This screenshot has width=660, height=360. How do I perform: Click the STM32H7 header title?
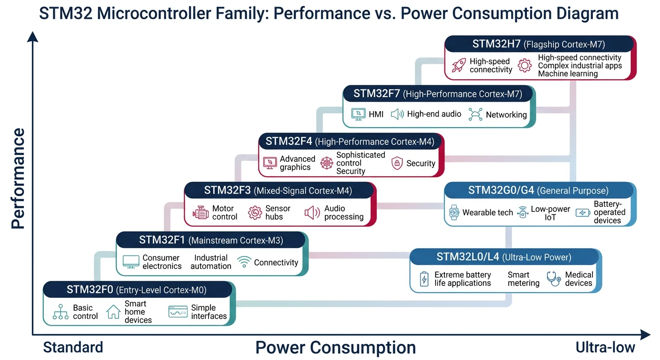[x=539, y=45]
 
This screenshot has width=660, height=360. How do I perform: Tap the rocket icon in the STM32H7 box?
[x=458, y=65]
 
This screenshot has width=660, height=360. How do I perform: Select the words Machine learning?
[x=568, y=74]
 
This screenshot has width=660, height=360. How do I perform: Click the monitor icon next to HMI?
[x=358, y=114]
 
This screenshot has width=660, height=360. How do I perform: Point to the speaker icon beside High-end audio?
[x=397, y=114]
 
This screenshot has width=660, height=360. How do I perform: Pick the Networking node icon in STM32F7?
[x=475, y=114]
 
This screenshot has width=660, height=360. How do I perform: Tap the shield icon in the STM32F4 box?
[x=397, y=163]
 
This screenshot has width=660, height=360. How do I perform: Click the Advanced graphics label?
[x=297, y=163]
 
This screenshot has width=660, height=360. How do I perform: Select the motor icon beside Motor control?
[x=200, y=212]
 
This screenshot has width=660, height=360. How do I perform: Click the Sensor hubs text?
[x=277, y=212]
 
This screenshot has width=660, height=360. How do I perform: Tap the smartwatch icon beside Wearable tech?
[x=454, y=212]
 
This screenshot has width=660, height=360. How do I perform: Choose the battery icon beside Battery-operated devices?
[x=583, y=212]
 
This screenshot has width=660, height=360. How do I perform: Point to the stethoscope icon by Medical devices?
[x=554, y=279]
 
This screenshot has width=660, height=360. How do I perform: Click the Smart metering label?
[x=523, y=279]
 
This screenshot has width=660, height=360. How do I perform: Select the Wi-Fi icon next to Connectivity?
[x=244, y=262]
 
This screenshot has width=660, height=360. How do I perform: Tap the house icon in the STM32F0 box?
[x=113, y=312]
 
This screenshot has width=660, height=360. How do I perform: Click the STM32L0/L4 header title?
[x=504, y=257]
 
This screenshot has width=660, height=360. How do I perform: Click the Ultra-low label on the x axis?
[x=605, y=347]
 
